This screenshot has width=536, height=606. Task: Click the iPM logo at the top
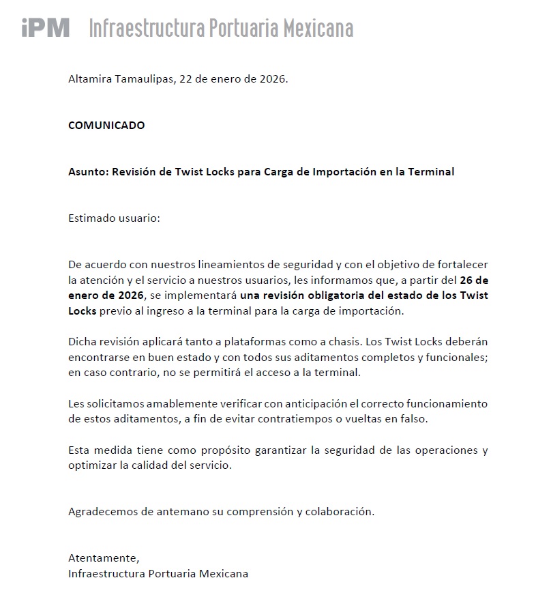click(46, 27)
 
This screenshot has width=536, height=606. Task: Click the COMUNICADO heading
click(106, 125)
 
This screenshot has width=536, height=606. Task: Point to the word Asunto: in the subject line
click(87, 171)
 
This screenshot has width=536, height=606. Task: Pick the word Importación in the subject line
click(344, 171)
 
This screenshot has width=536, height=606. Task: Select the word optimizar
click(91, 465)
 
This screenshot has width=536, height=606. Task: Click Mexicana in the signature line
click(224, 573)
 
